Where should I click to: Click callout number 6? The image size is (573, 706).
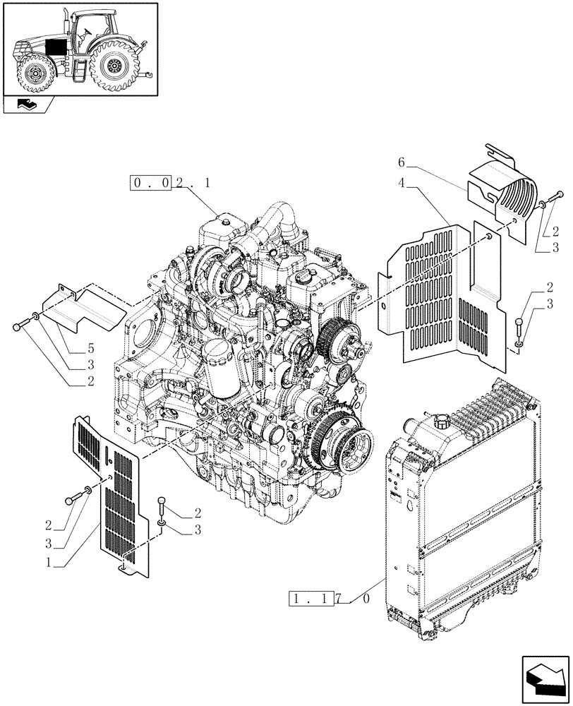pos(401,162)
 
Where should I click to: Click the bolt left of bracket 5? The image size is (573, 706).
pos(21,326)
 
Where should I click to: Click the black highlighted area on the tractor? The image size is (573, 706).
pos(55,47)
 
